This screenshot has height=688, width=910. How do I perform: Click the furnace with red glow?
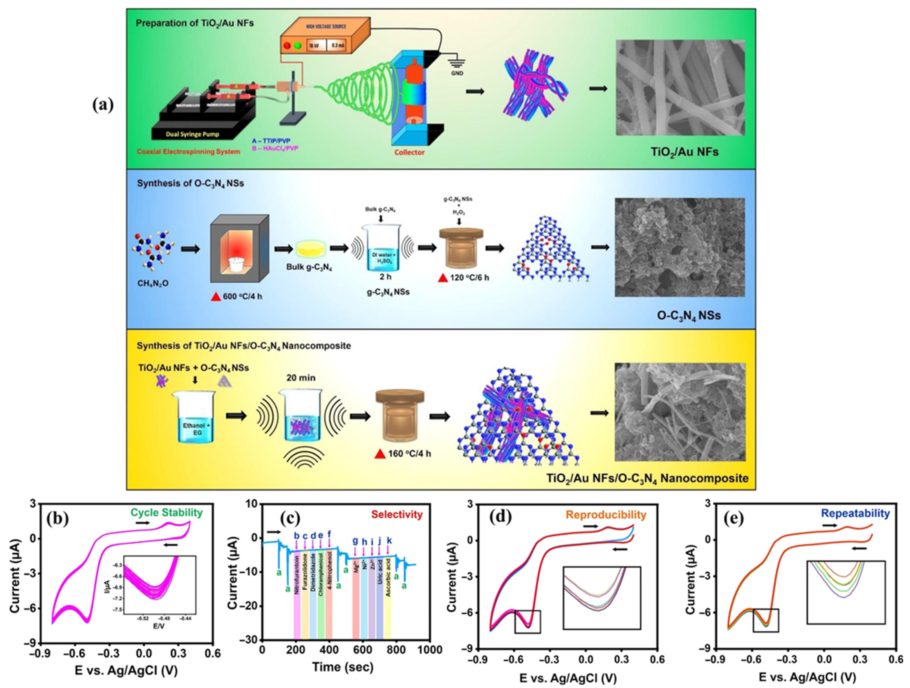coord(239,248)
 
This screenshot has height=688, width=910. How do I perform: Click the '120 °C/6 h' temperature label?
coord(469,278)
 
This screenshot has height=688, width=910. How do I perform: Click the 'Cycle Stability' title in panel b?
coord(167,513)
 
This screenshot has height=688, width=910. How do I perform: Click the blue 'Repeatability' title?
coord(855,514)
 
